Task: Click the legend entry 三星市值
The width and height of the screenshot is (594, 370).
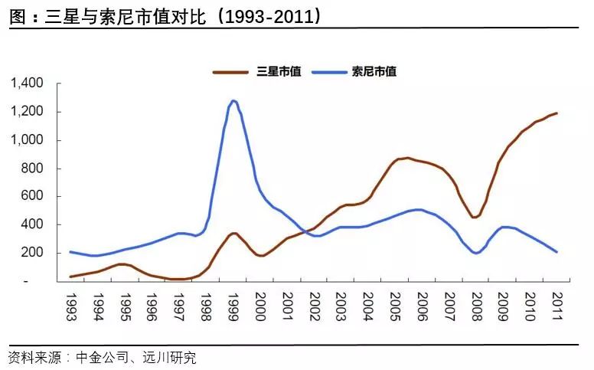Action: pyautogui.click(x=276, y=72)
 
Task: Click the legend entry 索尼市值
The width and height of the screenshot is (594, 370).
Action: pyautogui.click(x=374, y=72)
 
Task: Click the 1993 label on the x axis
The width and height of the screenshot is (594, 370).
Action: pyautogui.click(x=70, y=306)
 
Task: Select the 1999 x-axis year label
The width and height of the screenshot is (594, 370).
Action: pyautogui.click(x=233, y=306)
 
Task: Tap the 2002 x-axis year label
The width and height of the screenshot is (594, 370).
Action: pyautogui.click(x=314, y=306)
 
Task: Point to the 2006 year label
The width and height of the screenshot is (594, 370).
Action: pyautogui.click(x=422, y=306)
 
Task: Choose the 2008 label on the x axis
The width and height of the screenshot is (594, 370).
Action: pyautogui.click(x=475, y=306)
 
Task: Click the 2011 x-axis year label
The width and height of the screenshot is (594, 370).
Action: pyautogui.click(x=556, y=306)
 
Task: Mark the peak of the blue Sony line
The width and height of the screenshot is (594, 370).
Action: pyautogui.click(x=233, y=100)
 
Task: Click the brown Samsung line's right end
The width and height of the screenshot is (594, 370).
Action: pyautogui.click(x=556, y=113)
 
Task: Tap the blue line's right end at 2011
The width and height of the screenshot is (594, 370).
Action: pyautogui.click(x=556, y=252)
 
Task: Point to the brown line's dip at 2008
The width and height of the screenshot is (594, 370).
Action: pyautogui.click(x=475, y=217)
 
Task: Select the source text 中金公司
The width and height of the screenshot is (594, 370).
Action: pyautogui.click(x=100, y=357)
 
